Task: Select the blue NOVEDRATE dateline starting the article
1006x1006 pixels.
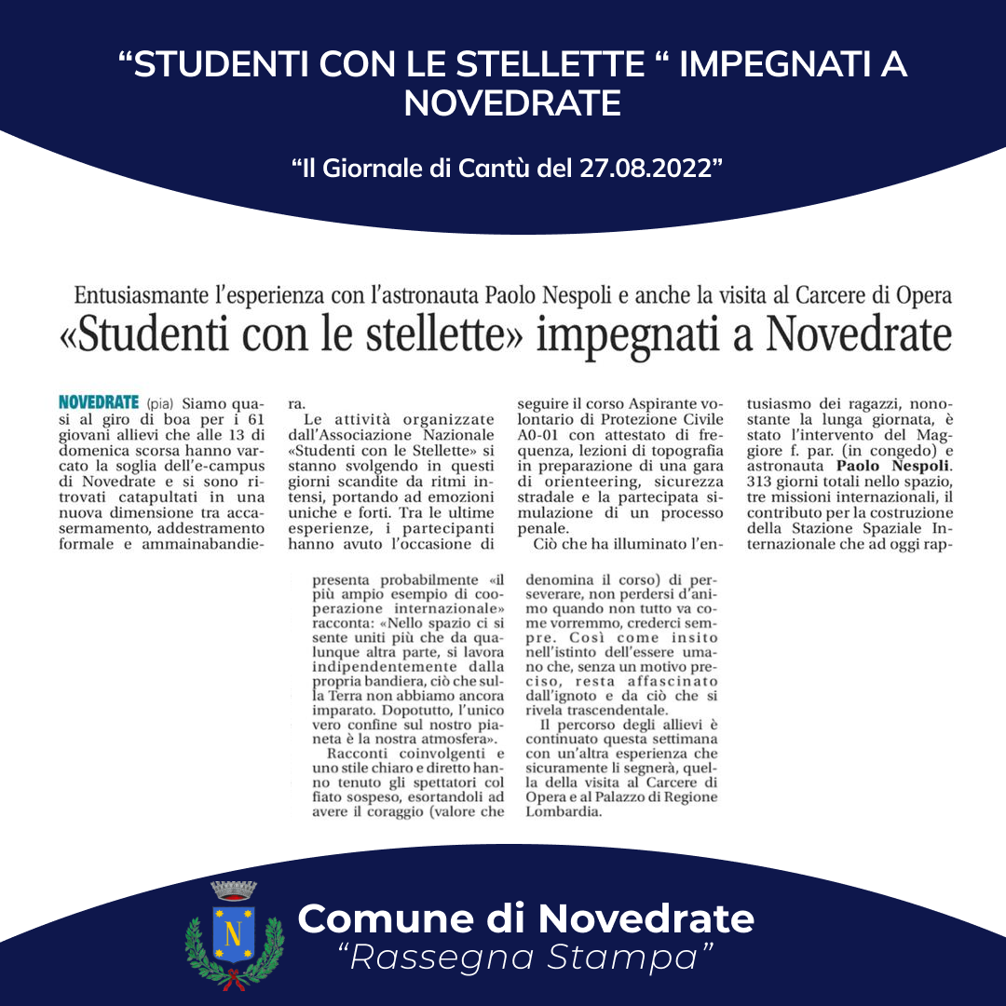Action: click(x=99, y=403)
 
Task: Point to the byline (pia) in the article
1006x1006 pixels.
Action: click(x=161, y=404)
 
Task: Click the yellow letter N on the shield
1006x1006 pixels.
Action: click(x=234, y=932)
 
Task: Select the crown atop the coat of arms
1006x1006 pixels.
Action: click(x=234, y=890)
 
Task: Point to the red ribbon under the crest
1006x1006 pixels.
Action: click(x=234, y=977)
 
